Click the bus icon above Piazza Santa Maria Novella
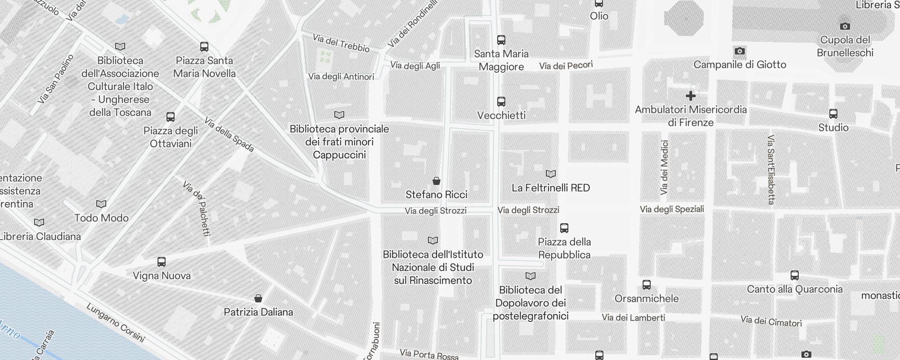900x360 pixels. tap(204, 46)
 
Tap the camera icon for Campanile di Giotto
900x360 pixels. tap(739, 51)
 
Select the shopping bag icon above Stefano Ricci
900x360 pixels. tap(436, 181)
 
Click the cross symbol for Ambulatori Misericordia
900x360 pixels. tap(690, 96)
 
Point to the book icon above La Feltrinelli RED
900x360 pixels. tap(550, 174)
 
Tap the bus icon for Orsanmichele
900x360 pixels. tap(646, 284)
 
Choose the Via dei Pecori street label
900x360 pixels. tap(566, 66)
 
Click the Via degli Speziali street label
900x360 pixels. tap(671, 209)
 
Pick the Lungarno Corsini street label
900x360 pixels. tap(116, 323)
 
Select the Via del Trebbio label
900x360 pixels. tap(341, 43)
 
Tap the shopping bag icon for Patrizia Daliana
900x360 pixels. tap(258, 298)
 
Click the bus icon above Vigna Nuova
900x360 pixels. tap(162, 261)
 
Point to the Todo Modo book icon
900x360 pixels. tap(101, 204)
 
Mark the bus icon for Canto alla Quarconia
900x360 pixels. tap(795, 275)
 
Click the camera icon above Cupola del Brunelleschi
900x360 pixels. tap(845, 26)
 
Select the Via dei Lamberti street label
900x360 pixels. tap(633, 318)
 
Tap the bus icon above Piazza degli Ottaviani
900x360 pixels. tap(171, 117)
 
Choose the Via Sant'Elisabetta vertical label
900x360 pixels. tap(771, 170)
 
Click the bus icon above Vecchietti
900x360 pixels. tap(501, 101)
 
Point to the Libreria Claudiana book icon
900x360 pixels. tap(39, 222)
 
